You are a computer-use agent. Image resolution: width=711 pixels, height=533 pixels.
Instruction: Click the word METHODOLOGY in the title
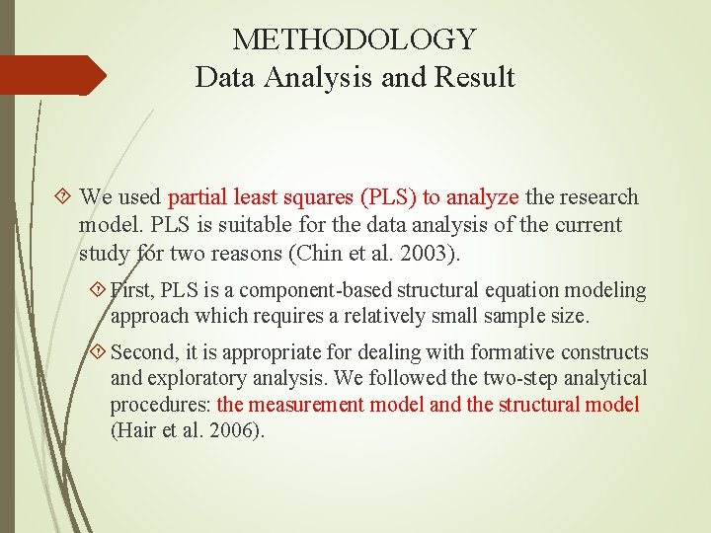pyautogui.click(x=355, y=40)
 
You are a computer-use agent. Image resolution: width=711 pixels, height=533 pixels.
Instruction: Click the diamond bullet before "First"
pyautogui.click(x=97, y=291)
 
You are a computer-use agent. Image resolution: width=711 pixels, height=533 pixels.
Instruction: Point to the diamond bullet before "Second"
pyautogui.click(x=97, y=352)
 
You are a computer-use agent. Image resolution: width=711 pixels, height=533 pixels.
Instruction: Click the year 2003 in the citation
pyautogui.click(x=428, y=253)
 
